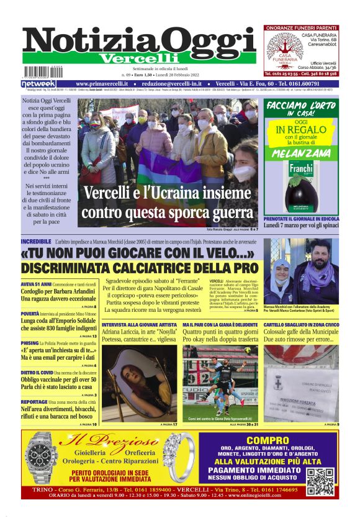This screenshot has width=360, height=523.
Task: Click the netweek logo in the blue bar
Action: pyautogui.click(x=38, y=83)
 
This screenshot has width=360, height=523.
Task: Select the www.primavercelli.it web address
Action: pyautogui.click(x=102, y=83)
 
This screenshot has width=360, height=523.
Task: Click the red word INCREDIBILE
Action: pyautogui.click(x=36, y=240)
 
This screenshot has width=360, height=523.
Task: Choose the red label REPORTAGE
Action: pyautogui.click(x=34, y=402)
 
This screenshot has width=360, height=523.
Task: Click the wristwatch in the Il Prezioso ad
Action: pyautogui.click(x=42, y=457)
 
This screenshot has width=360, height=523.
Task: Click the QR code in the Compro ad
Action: pyautogui.click(x=320, y=481)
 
